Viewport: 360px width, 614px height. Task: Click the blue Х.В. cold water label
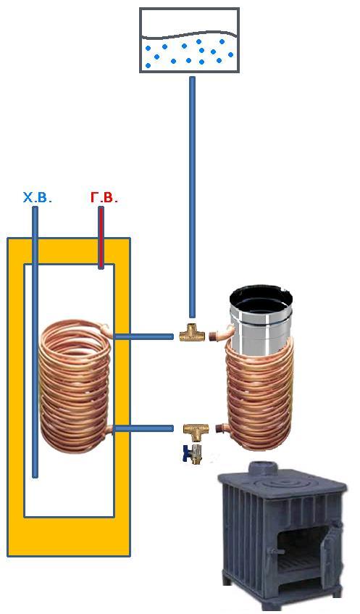[37, 198]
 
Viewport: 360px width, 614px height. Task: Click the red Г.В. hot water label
[104, 198]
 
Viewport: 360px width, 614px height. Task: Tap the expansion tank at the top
[189, 41]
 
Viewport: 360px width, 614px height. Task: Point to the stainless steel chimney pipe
[261, 321]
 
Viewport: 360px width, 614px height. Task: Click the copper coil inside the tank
[75, 386]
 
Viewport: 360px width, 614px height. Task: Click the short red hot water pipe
[101, 238]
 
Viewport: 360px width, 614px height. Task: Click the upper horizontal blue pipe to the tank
[143, 336]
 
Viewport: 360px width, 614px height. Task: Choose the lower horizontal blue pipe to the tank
[143, 428]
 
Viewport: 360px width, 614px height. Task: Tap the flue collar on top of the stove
[261, 468]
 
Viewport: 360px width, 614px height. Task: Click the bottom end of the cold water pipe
[35, 476]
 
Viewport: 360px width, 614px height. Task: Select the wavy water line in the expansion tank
[189, 35]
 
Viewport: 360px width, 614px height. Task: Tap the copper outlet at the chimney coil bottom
[220, 428]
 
